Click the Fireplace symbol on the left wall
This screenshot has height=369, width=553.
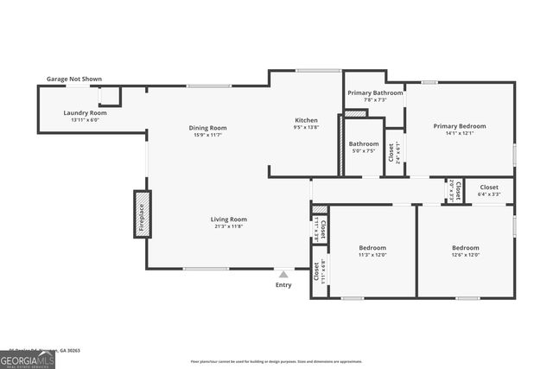[x=142, y=213]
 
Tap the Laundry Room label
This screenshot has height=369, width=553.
[x=86, y=113]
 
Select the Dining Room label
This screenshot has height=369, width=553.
[x=208, y=128]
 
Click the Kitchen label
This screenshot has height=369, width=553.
[x=307, y=120]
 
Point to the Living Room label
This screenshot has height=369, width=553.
[x=229, y=219]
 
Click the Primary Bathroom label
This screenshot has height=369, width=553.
[x=375, y=92]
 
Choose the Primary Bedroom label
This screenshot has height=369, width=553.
[x=460, y=126]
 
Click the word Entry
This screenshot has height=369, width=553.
[x=283, y=285]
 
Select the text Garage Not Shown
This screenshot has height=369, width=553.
[x=74, y=80]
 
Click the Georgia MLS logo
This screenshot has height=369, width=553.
[x=28, y=359]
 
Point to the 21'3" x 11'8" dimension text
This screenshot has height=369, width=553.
[x=229, y=226]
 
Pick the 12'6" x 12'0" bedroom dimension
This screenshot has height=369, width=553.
[x=465, y=255]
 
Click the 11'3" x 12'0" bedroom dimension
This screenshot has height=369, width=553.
[x=372, y=255]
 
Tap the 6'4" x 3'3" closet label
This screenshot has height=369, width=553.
[x=489, y=194]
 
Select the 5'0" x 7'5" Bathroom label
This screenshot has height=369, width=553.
[x=364, y=150]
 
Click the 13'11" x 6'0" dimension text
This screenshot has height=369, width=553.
[x=86, y=120]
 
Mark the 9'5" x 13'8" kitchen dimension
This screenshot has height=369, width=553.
[x=307, y=127]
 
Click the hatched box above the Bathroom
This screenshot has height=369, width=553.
[x=355, y=112]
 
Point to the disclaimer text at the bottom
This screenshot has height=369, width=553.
[x=288, y=360]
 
